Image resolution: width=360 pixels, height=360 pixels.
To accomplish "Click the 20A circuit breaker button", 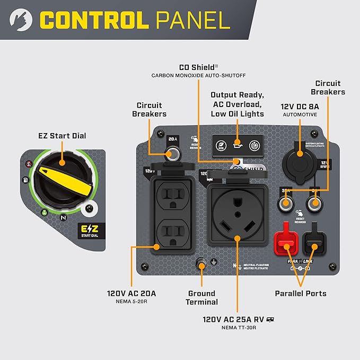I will [172, 154].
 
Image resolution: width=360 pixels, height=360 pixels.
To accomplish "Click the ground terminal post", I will [201, 264].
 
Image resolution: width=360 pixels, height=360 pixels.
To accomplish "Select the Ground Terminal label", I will [202, 297].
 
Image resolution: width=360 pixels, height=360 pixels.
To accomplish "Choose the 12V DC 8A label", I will [300, 106].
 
